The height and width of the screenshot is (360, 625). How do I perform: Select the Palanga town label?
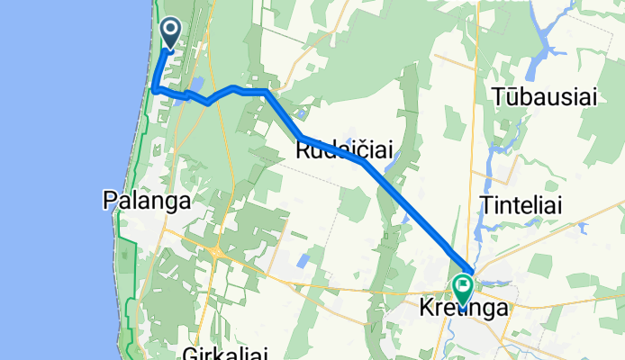147,201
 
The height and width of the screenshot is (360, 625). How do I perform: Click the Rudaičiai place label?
343,152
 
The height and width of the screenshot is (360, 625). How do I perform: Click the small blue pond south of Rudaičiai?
303,261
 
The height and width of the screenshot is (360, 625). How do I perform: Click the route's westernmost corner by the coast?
155,90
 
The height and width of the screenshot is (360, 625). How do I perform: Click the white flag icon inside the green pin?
464,287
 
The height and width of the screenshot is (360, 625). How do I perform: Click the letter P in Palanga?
110,201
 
